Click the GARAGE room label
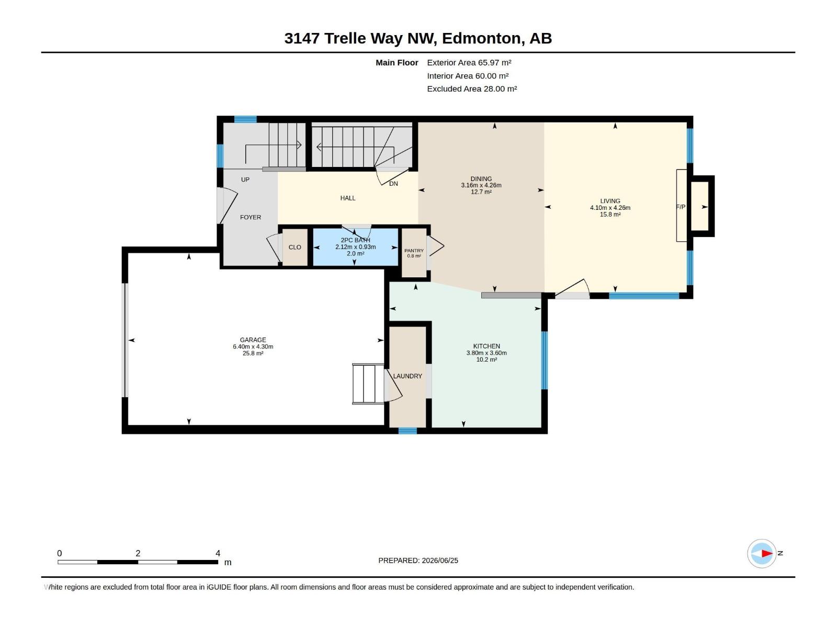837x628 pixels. (x=253, y=340)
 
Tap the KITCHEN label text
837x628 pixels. (x=486, y=346)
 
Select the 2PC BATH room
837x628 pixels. (x=355, y=246)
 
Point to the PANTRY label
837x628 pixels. (x=414, y=251)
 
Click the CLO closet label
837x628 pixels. (x=295, y=247)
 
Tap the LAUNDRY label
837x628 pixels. (x=407, y=376)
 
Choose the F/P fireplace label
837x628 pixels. (x=681, y=207)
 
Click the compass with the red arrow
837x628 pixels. (x=762, y=553)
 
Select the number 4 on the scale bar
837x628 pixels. (x=218, y=553)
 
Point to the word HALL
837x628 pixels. (x=348, y=198)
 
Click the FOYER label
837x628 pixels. (x=251, y=217)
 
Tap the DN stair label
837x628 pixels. (x=393, y=184)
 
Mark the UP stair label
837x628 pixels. (x=245, y=180)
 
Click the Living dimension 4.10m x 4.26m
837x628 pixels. (x=610, y=208)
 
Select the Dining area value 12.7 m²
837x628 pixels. (x=481, y=192)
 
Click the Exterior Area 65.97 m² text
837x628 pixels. (x=469, y=62)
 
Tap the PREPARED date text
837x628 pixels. (x=418, y=560)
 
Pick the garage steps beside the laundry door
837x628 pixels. (x=368, y=384)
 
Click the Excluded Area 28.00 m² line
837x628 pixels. (x=472, y=89)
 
